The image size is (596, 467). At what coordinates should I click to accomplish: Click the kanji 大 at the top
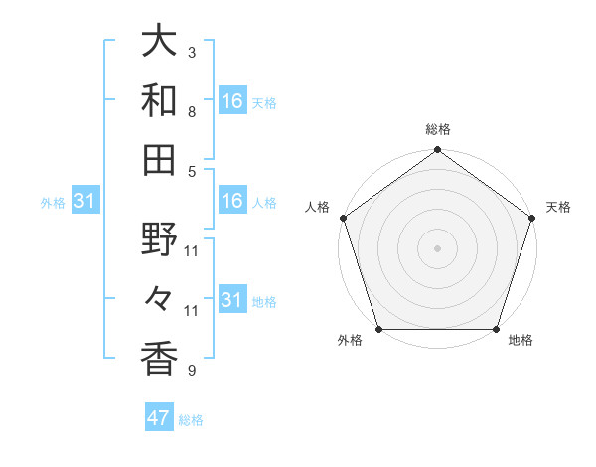click(160, 42)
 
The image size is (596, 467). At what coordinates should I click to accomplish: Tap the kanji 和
click(160, 99)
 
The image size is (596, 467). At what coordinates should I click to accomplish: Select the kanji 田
click(160, 159)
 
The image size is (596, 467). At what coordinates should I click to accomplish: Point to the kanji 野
click(160, 239)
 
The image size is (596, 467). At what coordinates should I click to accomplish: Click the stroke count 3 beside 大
click(191, 52)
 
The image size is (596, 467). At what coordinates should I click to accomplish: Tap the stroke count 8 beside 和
click(191, 111)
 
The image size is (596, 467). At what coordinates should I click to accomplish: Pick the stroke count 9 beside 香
click(191, 371)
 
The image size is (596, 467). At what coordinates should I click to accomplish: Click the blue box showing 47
click(159, 418)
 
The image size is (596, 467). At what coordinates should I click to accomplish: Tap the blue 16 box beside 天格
click(232, 101)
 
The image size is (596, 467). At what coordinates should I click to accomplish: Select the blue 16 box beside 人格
click(232, 201)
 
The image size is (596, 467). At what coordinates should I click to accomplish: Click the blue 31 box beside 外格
click(84, 201)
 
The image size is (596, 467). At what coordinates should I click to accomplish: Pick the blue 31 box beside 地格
click(232, 300)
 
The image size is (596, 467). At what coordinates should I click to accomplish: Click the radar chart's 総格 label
click(437, 129)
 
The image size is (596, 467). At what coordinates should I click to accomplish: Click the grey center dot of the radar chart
click(437, 248)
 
